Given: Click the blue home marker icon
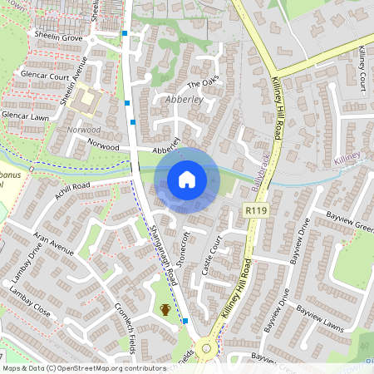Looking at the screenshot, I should point(187,180).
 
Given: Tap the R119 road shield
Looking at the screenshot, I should point(255,213).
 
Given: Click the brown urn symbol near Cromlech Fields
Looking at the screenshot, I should point(165,310).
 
